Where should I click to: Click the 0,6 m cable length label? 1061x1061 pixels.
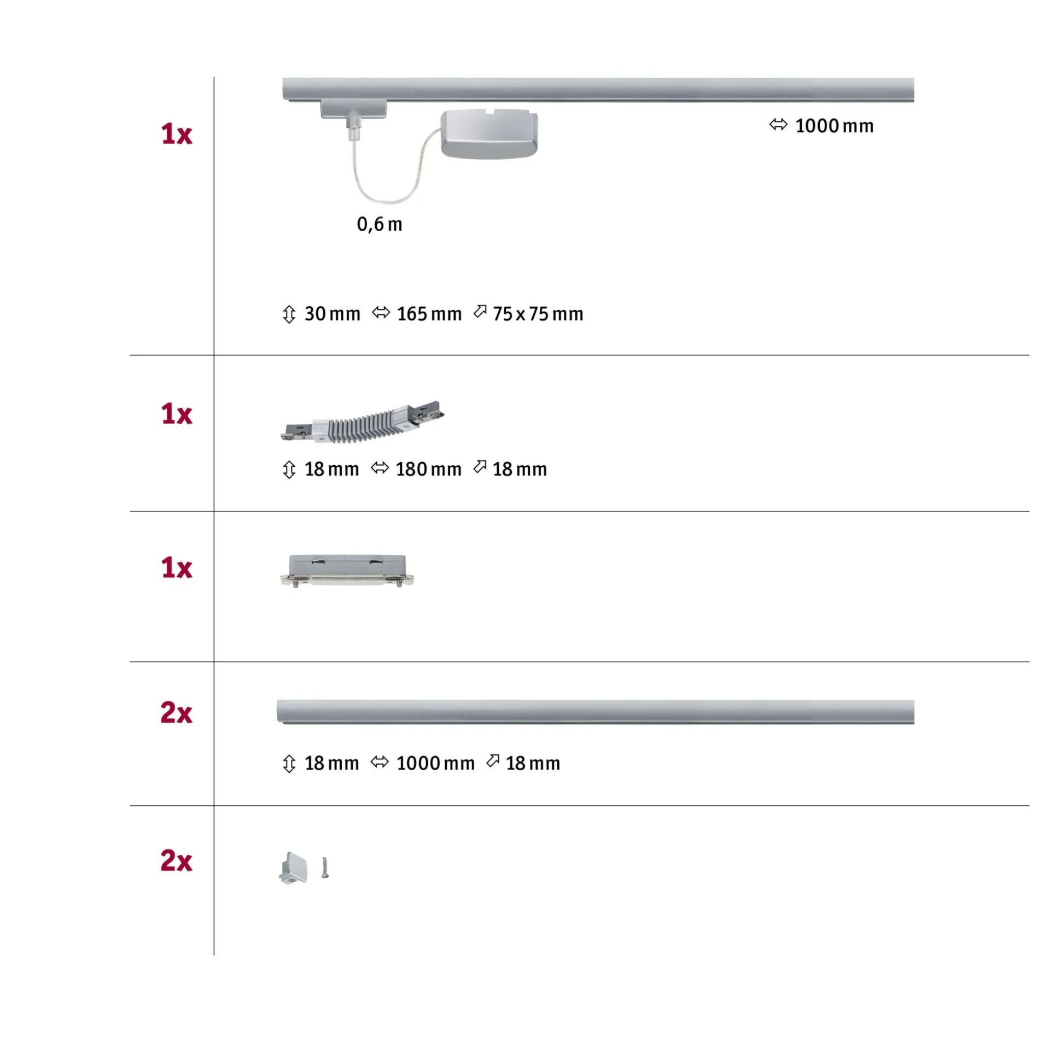379,224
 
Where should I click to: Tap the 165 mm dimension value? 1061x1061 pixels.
429,314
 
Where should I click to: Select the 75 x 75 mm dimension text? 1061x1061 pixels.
538,314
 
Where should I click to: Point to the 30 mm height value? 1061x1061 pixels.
333,314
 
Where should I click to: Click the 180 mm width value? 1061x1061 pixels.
429,470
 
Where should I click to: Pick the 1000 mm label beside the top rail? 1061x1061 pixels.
834,126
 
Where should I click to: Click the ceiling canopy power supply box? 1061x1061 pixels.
489,134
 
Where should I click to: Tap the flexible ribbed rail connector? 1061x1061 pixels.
363,422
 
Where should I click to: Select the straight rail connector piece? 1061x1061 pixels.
347,571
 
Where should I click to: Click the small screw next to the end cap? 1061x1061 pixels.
325,867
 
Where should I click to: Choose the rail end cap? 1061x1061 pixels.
293,867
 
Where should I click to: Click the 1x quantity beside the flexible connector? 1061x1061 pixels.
176,414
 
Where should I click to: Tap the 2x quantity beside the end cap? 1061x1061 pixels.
176,860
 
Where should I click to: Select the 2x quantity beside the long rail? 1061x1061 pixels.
176,713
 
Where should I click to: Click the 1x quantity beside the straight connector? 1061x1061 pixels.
176,568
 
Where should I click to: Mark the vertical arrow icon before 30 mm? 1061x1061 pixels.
289,315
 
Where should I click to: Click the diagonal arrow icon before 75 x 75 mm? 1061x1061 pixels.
480,312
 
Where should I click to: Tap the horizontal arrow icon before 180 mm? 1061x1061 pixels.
380,468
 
